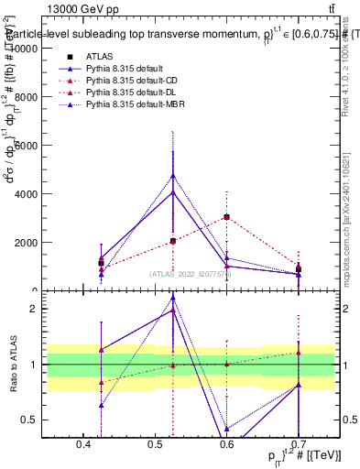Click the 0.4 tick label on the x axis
pyautogui.click(x=83, y=444)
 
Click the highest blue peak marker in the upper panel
pyautogui.click(x=173, y=175)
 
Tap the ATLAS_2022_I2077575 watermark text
pyautogui.click(x=190, y=274)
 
